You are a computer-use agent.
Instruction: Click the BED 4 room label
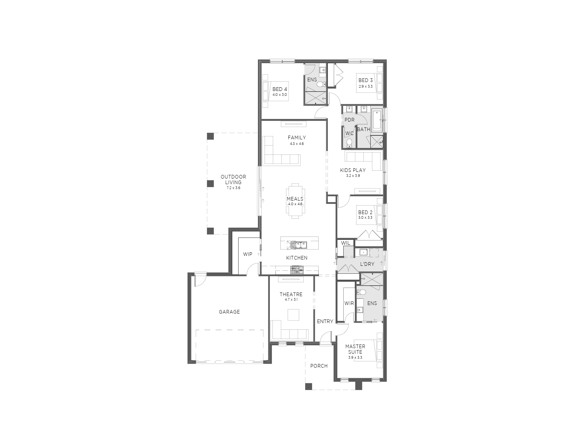coord(280,89)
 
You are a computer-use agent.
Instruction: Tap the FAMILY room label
coord(297,138)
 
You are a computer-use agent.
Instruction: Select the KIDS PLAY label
coord(353,170)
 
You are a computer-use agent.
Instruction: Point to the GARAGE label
coord(229,312)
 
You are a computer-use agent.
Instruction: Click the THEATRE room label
coord(291,294)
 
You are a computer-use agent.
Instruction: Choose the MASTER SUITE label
coord(355,349)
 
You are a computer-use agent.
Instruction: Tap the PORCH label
coord(319,366)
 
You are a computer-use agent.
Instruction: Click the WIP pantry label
coord(247,254)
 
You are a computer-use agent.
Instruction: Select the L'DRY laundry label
coord(367,264)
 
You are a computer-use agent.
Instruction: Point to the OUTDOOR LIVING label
coord(233,180)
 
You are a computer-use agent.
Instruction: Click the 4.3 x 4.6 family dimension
coord(297,144)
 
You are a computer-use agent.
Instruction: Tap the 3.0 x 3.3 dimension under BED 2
coord(365,218)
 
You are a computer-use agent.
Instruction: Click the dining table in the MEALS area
coord(295,201)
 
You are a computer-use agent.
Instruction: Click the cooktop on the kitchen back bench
coord(297,270)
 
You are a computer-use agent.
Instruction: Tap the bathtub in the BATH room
coord(377,121)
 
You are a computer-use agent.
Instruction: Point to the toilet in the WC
coord(349,143)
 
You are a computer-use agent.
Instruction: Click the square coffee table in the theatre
coord(294,315)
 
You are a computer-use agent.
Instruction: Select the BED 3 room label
coord(366,80)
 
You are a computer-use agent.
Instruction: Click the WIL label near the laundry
coord(346,243)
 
